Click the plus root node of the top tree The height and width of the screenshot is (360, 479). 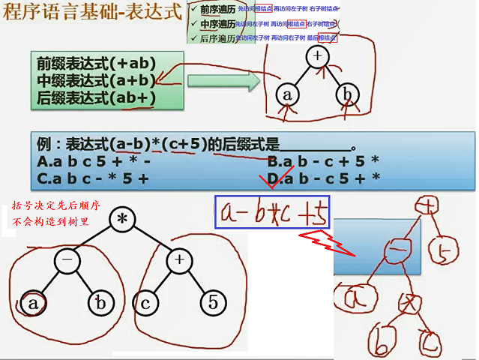318,57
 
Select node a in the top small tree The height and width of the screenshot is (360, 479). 286,95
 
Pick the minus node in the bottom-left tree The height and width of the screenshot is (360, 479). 66,262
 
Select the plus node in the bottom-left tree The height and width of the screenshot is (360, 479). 178,262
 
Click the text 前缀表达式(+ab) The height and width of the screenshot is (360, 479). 94,64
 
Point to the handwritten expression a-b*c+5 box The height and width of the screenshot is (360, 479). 271,212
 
